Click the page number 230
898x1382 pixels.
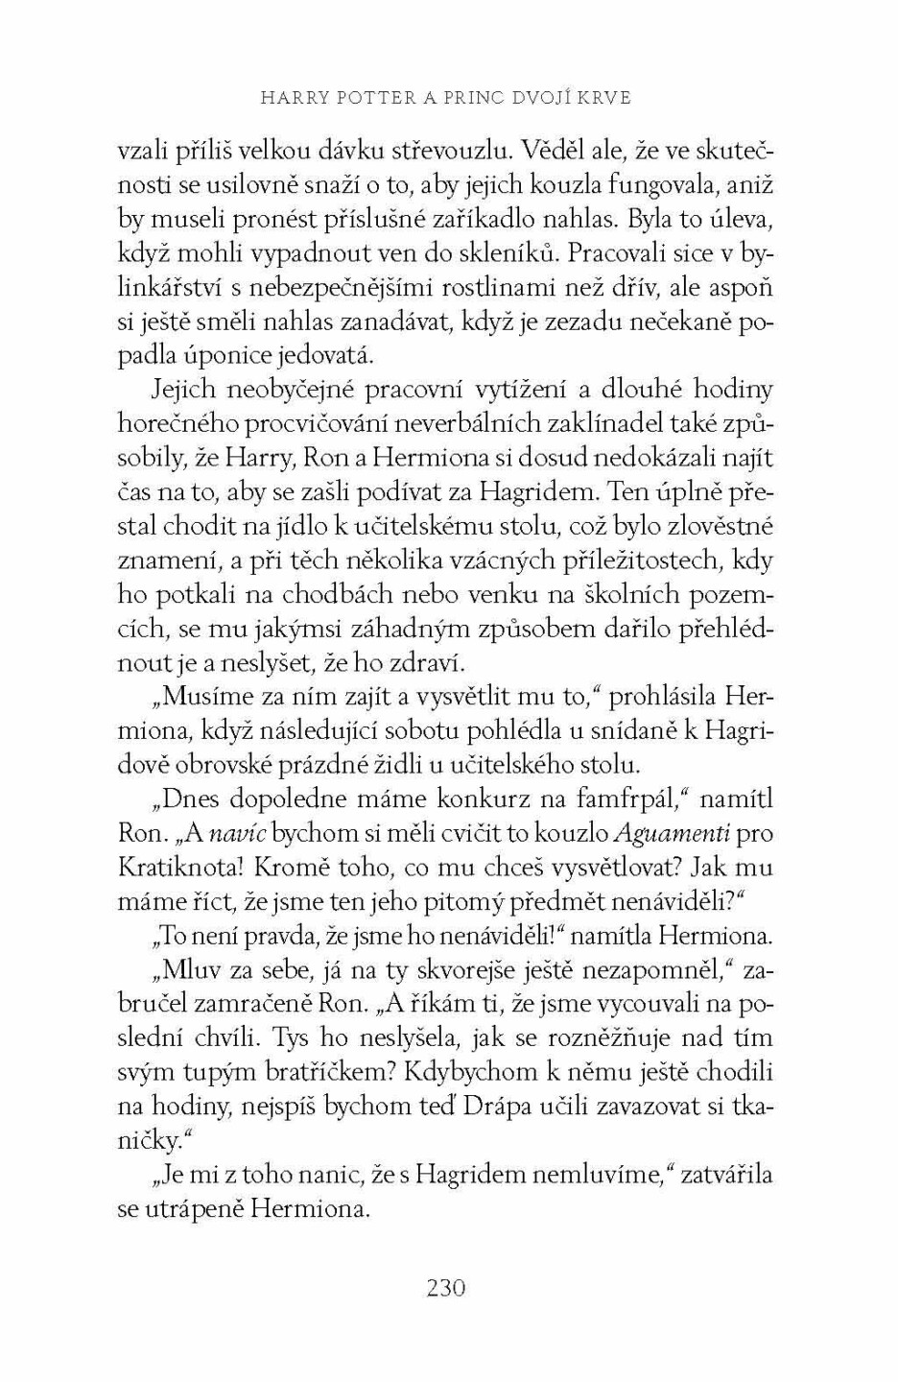click(x=445, y=1287)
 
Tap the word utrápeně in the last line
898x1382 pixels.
click(x=193, y=1209)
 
